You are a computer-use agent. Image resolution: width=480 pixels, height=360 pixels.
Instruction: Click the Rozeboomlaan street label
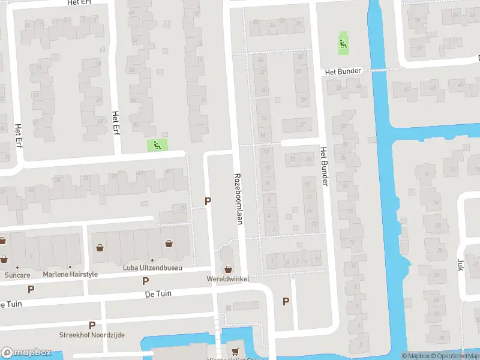tap(238, 199)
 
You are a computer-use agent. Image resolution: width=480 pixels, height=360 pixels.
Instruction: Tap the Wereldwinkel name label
tap(228, 280)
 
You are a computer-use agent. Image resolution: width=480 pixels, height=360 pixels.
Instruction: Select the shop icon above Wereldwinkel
tap(228, 268)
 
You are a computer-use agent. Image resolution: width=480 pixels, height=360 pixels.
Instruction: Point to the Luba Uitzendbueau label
tap(152, 268)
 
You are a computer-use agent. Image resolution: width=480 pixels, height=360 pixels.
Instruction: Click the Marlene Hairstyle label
tap(70, 275)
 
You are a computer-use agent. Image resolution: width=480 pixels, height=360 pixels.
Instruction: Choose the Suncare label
tap(17, 275)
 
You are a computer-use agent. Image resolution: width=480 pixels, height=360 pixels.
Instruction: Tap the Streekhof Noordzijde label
tap(92, 335)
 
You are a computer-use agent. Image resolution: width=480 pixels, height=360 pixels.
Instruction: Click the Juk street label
tap(461, 265)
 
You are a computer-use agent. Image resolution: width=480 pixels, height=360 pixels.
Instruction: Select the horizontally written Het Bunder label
tap(343, 71)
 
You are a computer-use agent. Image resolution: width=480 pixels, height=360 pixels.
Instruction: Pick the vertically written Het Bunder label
tap(324, 166)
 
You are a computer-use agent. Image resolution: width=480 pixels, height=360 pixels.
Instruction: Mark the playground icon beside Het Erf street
tap(157, 144)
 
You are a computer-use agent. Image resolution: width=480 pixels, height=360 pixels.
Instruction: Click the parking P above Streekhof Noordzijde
tap(92, 325)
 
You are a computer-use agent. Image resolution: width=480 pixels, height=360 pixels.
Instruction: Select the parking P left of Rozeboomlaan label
tap(208, 202)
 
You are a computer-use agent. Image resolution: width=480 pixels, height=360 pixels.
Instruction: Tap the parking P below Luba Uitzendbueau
tap(145, 281)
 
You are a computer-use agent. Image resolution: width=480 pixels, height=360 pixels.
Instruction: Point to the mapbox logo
tap(26, 353)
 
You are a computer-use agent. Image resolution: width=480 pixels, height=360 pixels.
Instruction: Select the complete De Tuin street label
tap(158, 295)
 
